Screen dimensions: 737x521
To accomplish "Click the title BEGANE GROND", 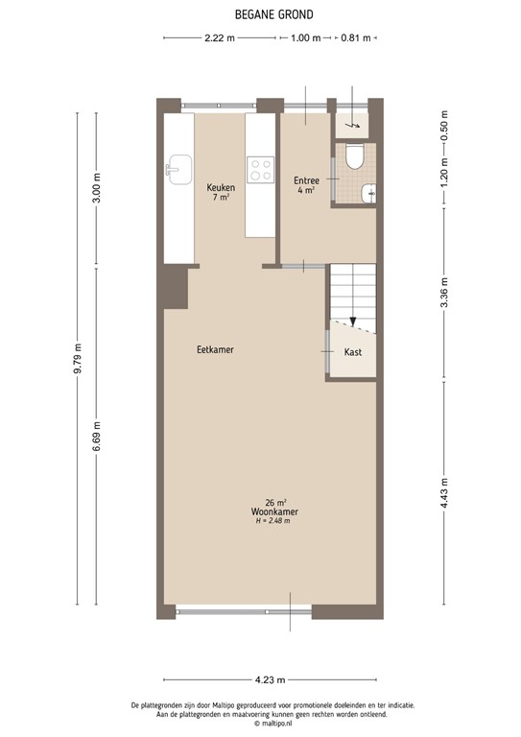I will pos(260,14).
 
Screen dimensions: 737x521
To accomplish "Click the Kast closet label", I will pos(352,352).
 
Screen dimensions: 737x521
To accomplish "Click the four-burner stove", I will pos(260,171).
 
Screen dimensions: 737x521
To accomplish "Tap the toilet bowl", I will pos(354,155).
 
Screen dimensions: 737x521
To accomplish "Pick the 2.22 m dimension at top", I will pos(220,38).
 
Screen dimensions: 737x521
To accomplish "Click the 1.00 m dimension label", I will pos(305,38).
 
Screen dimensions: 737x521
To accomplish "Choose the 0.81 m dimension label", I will pos(355,38).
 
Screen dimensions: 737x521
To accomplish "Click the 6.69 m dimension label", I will pos(97,438).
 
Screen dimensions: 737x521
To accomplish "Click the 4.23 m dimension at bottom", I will pos(272,679).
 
